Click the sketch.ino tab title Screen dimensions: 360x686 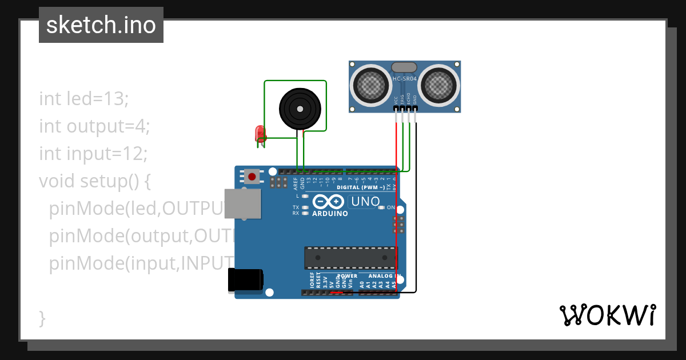(101, 25)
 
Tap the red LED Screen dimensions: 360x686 (260, 134)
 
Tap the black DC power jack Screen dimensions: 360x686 (245, 280)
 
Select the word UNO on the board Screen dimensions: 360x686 (365, 202)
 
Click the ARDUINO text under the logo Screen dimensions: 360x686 (330, 214)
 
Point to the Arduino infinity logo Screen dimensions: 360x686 (329, 202)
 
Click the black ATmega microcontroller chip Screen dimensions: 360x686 (350, 258)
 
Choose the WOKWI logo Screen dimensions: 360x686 (607, 315)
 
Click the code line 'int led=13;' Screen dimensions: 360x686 (84, 99)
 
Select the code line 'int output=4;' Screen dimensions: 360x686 (94, 126)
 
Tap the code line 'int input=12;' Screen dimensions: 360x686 (93, 154)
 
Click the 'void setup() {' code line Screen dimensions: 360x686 (95, 181)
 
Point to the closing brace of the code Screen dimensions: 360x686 (42, 318)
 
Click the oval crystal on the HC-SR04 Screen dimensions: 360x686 (404, 67)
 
